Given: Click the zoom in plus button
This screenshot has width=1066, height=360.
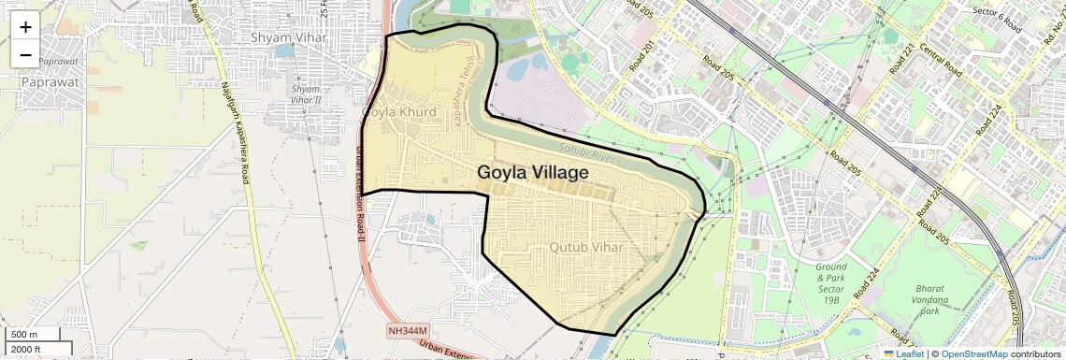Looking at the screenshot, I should pos(25,27).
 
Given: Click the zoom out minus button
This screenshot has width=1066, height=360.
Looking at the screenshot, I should pos(25,55).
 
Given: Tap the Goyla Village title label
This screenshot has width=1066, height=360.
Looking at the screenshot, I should pos(532,173).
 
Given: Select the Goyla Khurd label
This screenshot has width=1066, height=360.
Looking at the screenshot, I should pos(399,112).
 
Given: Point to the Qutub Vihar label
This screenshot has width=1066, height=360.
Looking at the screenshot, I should pos(585,247).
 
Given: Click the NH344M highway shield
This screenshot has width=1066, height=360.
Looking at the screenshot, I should pos(408,331).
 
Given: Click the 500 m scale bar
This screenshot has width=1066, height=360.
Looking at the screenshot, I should pos(34,335).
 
